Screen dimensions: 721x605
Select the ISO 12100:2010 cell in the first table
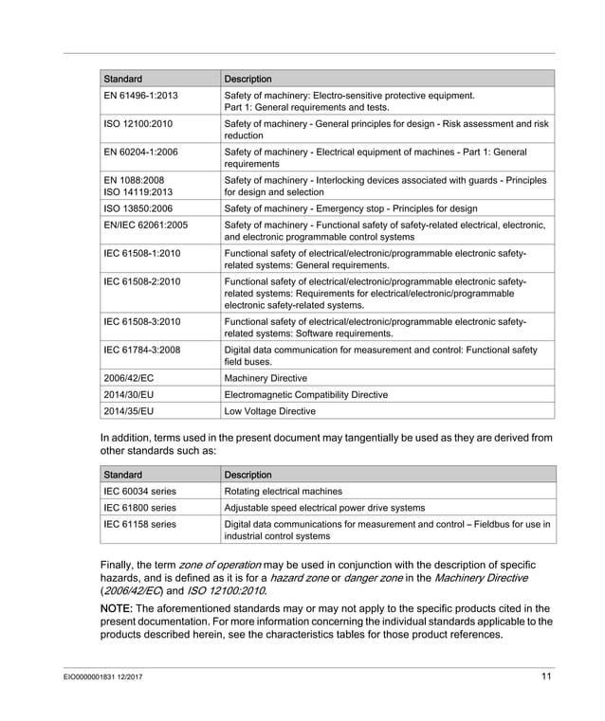click(x=137, y=123)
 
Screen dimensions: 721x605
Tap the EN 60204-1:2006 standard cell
click(x=140, y=151)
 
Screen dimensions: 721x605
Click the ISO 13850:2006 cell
click(x=137, y=208)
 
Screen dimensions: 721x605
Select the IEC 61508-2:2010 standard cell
click(x=141, y=281)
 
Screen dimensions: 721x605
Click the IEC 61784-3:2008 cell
click(x=141, y=350)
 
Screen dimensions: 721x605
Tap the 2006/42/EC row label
click(x=129, y=376)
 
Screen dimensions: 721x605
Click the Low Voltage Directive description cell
click(x=269, y=411)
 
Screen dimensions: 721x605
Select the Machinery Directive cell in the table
click(x=265, y=376)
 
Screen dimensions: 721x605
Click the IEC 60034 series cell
click(x=139, y=492)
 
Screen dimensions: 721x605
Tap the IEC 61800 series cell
click(x=139, y=508)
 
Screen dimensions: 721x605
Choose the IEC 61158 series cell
click(x=139, y=524)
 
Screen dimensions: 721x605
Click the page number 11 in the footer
click(x=547, y=676)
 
